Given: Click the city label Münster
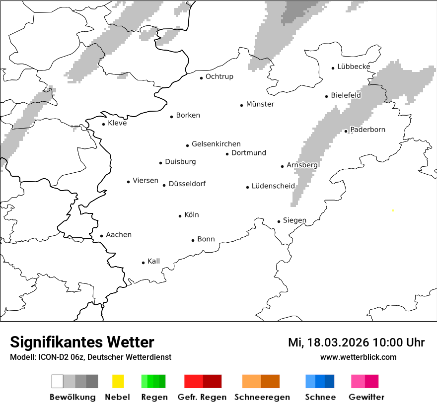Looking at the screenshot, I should [x=260, y=104].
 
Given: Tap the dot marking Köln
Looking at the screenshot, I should [x=180, y=216].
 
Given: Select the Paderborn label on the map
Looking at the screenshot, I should [x=367, y=130].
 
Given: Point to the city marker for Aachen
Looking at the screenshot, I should [x=102, y=236].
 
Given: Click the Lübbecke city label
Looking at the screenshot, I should [x=354, y=67].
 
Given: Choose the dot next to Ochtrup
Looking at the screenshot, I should [x=202, y=78].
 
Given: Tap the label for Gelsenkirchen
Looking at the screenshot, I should [x=216, y=144].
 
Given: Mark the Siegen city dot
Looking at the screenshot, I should [x=279, y=222].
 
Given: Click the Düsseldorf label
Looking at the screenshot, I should [x=187, y=184].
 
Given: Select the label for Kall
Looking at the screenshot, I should [x=153, y=261].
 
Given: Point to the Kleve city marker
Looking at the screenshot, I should [x=104, y=124].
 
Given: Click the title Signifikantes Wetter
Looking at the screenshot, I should [x=82, y=342].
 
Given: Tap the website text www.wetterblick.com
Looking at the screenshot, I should [x=358, y=357].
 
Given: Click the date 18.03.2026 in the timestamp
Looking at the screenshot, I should [x=338, y=343].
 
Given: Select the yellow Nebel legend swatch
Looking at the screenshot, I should [x=118, y=381].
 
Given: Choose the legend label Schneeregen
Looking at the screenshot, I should [x=262, y=397].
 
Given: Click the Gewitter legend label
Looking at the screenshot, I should [x=366, y=397].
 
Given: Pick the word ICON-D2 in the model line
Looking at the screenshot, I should [x=53, y=357].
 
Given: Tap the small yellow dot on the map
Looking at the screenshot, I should [x=393, y=210].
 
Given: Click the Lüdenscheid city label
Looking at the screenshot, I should [x=273, y=186].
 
